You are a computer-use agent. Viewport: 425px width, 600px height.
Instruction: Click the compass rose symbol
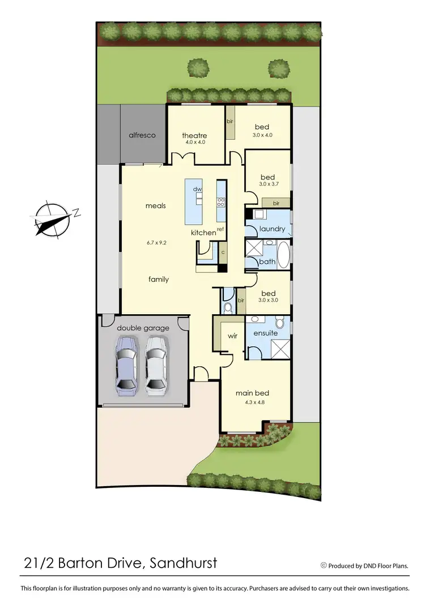52,218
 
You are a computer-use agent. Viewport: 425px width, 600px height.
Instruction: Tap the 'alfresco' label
142,135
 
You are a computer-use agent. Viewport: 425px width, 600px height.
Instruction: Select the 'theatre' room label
194,135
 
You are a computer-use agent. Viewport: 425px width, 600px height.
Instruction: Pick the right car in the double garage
156,365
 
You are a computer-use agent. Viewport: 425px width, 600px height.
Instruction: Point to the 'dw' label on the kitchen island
198,189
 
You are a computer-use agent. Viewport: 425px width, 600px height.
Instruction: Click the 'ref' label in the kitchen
220,229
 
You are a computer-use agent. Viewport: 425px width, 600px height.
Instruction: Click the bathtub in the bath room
283,254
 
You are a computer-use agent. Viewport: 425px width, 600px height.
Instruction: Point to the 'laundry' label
272,229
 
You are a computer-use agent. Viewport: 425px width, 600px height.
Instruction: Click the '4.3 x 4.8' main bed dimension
252,402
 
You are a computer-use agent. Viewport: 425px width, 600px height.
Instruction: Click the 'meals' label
155,205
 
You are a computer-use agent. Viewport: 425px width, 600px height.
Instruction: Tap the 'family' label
159,279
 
